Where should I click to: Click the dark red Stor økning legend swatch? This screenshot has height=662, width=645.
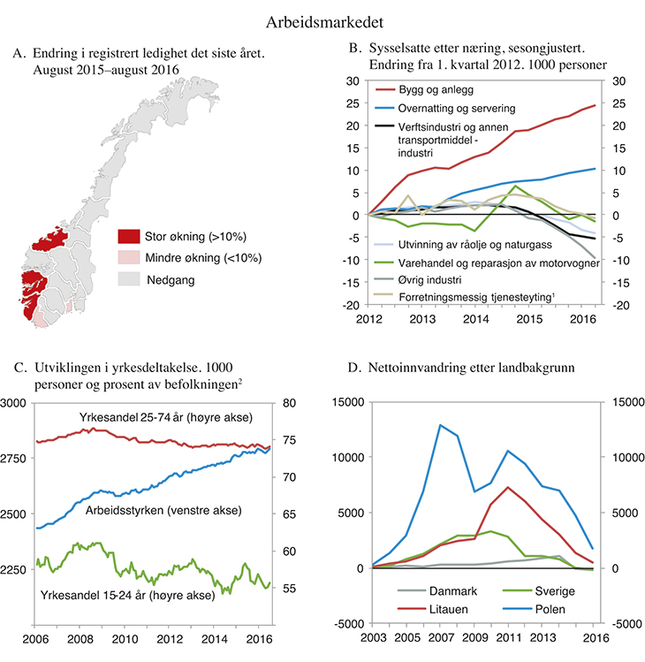(x=128, y=237)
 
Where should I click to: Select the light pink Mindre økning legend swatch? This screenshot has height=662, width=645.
(x=128, y=258)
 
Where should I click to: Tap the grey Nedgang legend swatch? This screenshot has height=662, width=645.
(x=128, y=279)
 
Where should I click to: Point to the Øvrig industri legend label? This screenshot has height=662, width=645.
(x=430, y=278)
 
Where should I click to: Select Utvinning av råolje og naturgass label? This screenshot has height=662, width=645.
(x=478, y=241)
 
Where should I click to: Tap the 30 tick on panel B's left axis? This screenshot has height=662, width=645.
(x=352, y=80)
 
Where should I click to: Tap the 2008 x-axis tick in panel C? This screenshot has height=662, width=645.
(x=80, y=639)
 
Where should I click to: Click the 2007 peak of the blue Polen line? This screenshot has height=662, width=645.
(x=439, y=425)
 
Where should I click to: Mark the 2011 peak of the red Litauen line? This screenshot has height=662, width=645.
(x=506, y=487)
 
